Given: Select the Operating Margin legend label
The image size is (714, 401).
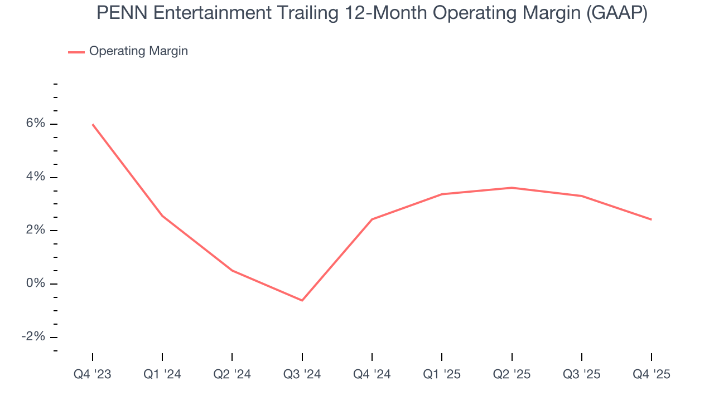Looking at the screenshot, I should point(138,51).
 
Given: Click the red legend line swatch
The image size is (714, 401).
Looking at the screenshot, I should point(76,52).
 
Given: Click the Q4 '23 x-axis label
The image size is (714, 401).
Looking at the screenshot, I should point(93,374).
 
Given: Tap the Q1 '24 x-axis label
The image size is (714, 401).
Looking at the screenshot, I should point(162,374).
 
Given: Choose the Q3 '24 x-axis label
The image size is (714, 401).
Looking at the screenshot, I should point(302,374).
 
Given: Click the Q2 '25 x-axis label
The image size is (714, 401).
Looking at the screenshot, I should point(512,374).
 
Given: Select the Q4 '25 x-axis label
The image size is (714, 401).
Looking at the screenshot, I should point(651,374).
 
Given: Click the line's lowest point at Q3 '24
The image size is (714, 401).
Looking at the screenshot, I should point(302,301).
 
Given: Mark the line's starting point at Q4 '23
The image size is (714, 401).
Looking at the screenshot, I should point(93,124).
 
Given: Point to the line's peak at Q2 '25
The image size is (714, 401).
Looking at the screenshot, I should point(512,188).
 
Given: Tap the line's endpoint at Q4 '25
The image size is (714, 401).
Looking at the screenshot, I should point(651,219).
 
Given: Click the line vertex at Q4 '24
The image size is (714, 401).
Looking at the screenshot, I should point(372,219).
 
